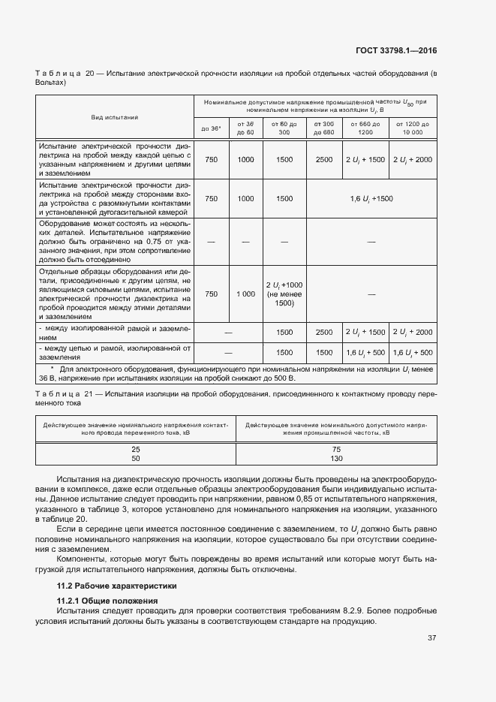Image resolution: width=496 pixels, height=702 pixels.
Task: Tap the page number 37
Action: (x=432, y=638)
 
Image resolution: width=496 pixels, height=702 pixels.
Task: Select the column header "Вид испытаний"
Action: (x=115, y=117)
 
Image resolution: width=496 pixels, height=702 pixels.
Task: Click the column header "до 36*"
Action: (x=211, y=128)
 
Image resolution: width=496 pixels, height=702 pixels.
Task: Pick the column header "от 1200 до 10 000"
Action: (x=413, y=128)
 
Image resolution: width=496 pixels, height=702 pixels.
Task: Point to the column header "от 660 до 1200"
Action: (x=365, y=128)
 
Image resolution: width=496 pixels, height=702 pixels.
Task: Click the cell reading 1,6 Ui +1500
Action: (x=371, y=198)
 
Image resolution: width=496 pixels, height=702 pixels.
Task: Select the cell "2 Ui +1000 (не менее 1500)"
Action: (x=284, y=294)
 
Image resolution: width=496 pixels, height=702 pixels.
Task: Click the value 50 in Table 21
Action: (x=136, y=458)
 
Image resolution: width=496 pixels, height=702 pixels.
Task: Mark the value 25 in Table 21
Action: (x=136, y=448)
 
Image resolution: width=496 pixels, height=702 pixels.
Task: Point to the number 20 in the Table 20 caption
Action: (x=89, y=74)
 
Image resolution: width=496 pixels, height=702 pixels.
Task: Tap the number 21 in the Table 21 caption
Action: (x=89, y=394)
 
